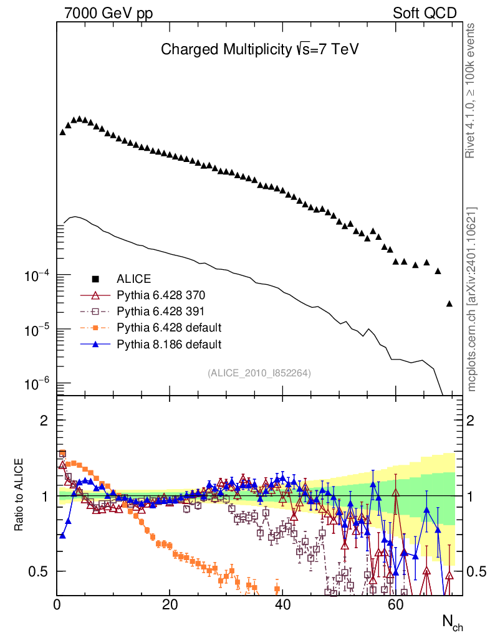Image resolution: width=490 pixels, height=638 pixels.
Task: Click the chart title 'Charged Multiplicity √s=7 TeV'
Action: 259,49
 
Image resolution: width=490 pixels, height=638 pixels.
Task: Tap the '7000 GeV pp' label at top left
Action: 109,13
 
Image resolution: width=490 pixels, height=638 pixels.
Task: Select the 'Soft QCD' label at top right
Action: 425,13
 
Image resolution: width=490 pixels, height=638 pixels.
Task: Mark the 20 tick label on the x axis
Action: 170,605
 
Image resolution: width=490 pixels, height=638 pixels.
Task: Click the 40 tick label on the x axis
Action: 282,605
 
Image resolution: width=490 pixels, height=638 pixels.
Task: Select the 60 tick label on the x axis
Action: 395,605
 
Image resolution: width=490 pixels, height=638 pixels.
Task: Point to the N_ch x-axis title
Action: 453,622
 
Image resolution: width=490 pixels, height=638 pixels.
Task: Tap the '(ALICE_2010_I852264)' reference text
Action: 259,373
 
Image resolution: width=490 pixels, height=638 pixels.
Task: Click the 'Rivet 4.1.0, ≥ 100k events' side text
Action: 471,91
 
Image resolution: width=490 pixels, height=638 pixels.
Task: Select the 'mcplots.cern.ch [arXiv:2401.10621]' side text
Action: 471,299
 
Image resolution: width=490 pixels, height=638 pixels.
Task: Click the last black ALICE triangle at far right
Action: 449,303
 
